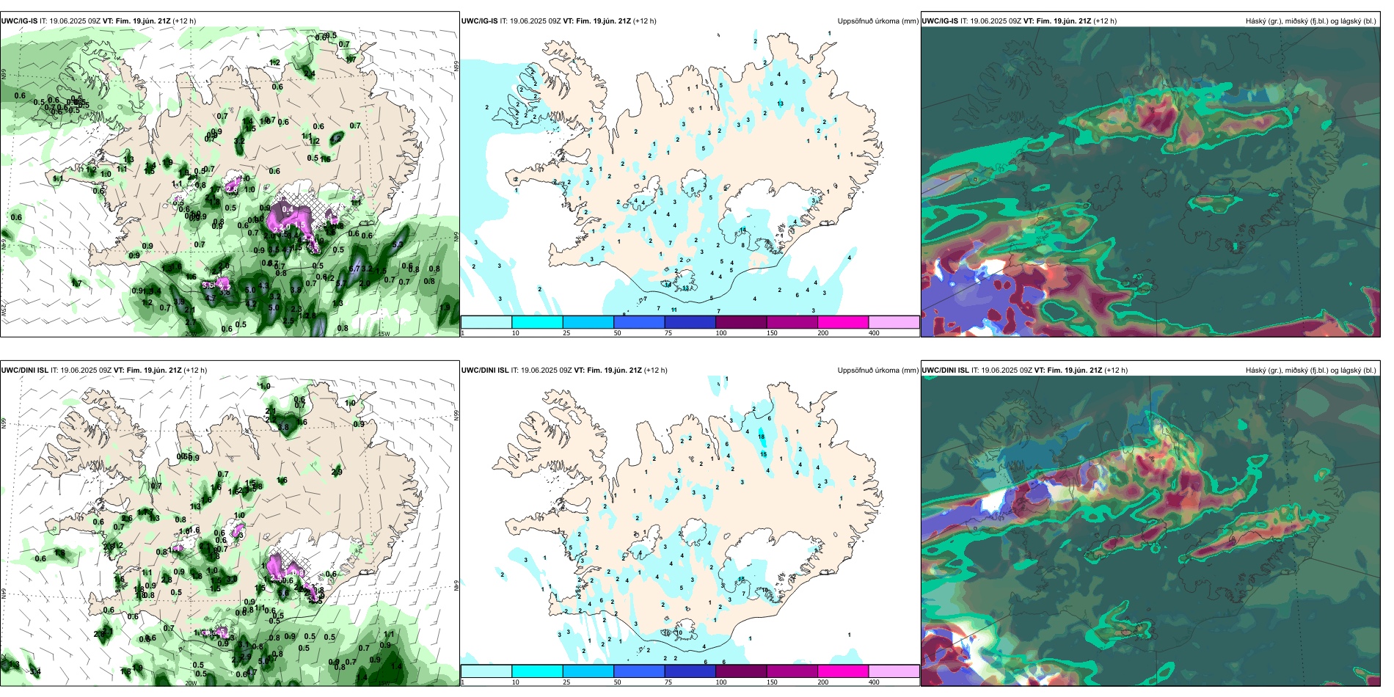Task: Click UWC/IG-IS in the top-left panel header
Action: pyautogui.click(x=19, y=21)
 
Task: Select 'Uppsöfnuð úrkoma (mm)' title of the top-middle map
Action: pyautogui.click(x=877, y=21)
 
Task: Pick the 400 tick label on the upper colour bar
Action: pyautogui.click(x=874, y=333)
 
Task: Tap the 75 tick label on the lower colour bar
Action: pyautogui.click(x=668, y=682)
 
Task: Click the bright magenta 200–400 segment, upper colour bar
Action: pyautogui.click(x=842, y=321)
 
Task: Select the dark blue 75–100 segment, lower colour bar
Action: pyautogui.click(x=690, y=671)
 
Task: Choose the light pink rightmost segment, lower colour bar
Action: pyautogui.click(x=894, y=671)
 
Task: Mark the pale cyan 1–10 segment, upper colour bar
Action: pyautogui.click(x=486, y=321)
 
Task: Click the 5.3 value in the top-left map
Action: pyautogui.click(x=398, y=245)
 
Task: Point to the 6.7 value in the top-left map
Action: pyautogui.click(x=355, y=269)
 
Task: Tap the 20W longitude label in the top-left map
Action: pyautogui.click(x=191, y=334)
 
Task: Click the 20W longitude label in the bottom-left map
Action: pyautogui.click(x=191, y=683)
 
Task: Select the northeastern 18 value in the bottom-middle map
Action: pyautogui.click(x=762, y=437)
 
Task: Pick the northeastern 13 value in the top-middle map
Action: pyautogui.click(x=780, y=103)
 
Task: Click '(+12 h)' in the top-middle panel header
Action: pyautogui.click(x=645, y=21)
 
